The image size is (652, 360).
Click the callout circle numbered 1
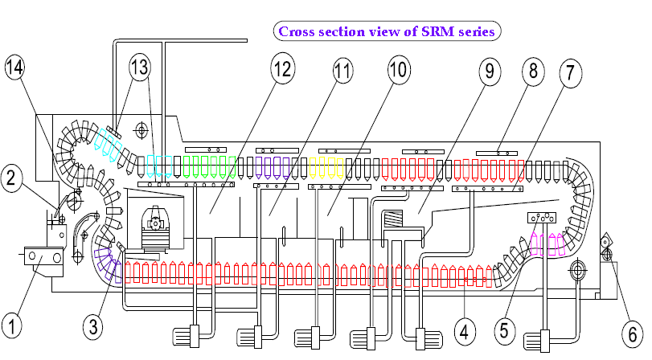coord(14,327)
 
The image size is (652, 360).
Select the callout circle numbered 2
coord(14,176)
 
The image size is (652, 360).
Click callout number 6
coord(632,331)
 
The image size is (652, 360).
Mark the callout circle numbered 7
coord(569,72)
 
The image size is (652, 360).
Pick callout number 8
coord(531,71)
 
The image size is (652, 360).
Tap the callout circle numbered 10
coord(398,71)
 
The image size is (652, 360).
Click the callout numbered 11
coord(343,71)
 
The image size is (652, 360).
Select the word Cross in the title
coord(296,31)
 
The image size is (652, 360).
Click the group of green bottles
coord(209,166)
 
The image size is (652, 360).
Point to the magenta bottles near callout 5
coord(547,243)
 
